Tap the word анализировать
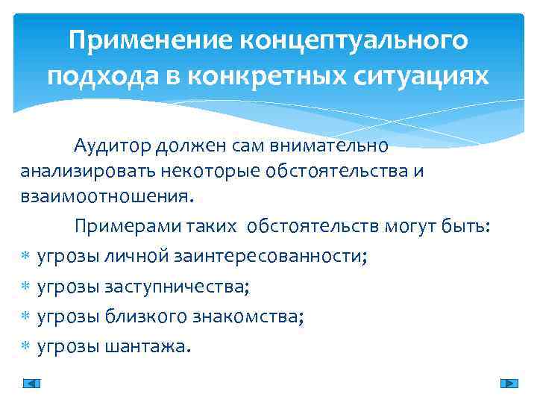pyautogui.click(x=88, y=172)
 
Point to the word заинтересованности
pyautogui.click(x=273, y=256)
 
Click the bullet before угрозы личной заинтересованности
pyautogui.click(x=24, y=257)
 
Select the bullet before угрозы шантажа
pyautogui.click(x=24, y=347)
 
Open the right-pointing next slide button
pyautogui.click(x=509, y=384)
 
